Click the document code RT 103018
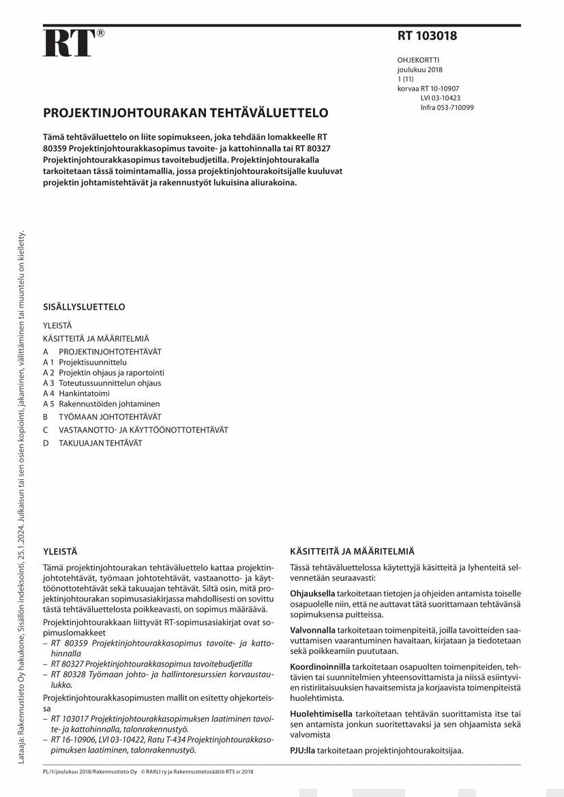(x=427, y=37)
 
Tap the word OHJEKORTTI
(x=418, y=60)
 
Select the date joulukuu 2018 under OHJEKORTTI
(x=419, y=70)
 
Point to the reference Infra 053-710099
(x=447, y=108)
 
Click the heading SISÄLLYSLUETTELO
(x=84, y=307)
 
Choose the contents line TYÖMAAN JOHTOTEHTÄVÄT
(x=109, y=417)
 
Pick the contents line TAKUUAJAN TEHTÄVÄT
(x=100, y=443)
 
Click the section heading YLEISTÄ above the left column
(x=60, y=551)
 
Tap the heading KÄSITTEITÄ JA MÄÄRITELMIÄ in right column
(x=352, y=551)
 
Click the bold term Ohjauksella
(x=312, y=593)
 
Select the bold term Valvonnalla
(x=312, y=630)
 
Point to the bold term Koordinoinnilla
(x=320, y=666)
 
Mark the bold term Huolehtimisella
(x=321, y=714)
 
